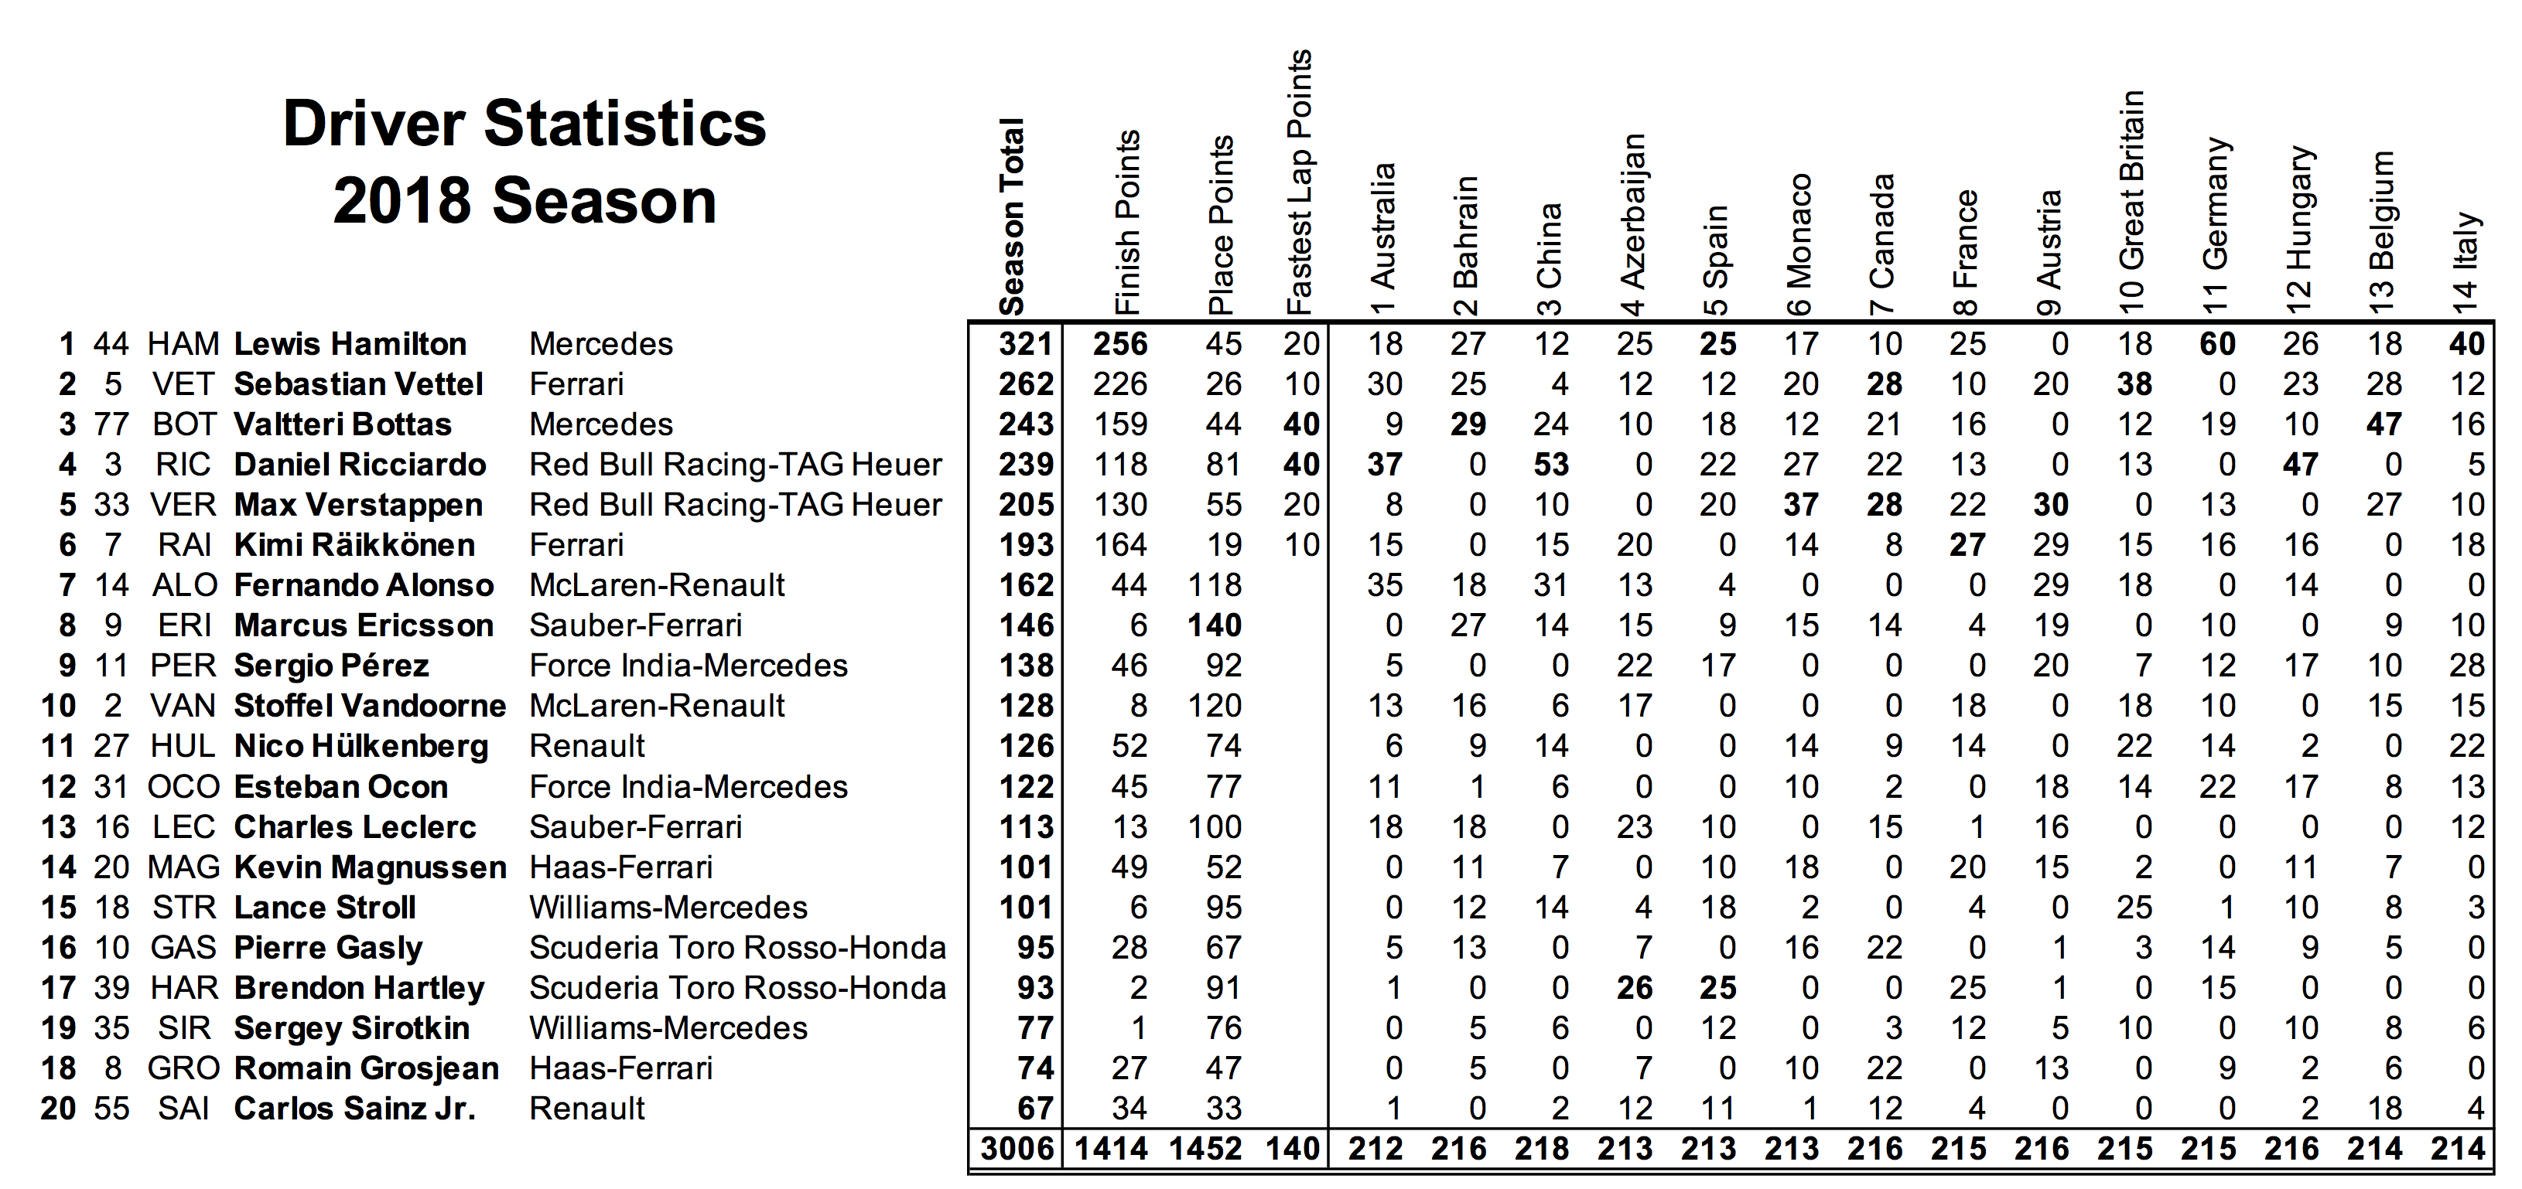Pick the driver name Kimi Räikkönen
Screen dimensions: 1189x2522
[354, 544]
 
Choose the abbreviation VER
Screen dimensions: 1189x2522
[183, 504]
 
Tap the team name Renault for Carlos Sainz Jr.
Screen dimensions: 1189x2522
[586, 1108]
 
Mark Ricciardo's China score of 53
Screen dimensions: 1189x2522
[1551, 464]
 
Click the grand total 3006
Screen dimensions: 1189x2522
[1017, 1148]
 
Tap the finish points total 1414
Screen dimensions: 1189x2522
[1111, 1148]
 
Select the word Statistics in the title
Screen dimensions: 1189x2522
[624, 124]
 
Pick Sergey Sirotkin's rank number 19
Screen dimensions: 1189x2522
[58, 1027]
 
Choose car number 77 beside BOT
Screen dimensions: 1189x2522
[111, 424]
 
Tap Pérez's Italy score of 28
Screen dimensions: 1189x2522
[2466, 665]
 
